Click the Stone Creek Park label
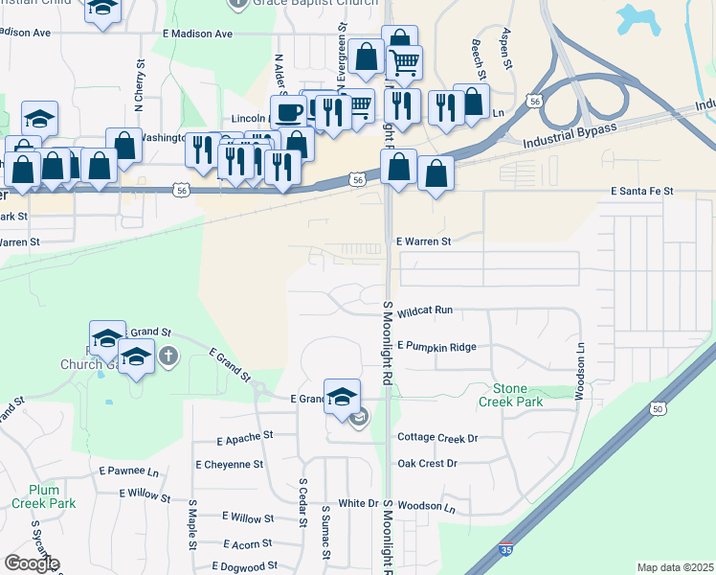pos(518,395)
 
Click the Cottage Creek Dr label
pos(437,437)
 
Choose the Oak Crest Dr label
pos(428,463)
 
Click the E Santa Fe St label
pos(642,192)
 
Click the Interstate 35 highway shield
pos(505,552)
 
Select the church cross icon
pos(168,357)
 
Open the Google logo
pos(32,563)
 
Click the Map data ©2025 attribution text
pos(674,567)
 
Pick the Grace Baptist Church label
pos(296,4)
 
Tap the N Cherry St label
pos(139,80)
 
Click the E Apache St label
pos(244,437)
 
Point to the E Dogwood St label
pos(244,566)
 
